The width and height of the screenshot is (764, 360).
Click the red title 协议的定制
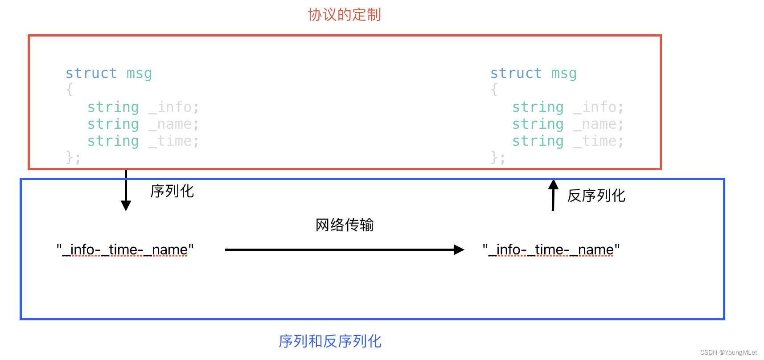tap(344, 15)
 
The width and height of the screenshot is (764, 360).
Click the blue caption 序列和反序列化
tap(330, 341)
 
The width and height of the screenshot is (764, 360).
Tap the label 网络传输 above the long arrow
tap(345, 225)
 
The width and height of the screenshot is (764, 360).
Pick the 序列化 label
tap(172, 191)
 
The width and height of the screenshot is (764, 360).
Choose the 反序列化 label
tap(596, 196)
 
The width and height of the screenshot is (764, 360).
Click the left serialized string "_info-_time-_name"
tap(125, 250)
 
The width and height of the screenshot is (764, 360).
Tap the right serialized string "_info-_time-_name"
tap(551, 250)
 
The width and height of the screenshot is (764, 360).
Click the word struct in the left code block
tap(91, 73)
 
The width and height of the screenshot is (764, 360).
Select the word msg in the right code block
tap(564, 73)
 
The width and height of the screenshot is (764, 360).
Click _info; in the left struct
tap(173, 107)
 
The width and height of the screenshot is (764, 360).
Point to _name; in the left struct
tap(173, 124)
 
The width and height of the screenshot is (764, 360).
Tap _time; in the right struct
tap(598, 141)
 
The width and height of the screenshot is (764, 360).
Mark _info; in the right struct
tap(598, 107)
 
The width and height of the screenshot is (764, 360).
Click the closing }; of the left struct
tap(73, 157)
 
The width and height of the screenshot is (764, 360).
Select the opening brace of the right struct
tap(494, 90)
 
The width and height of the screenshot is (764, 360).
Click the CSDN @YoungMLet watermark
tap(728, 352)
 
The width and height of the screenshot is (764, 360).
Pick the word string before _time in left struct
tap(113, 141)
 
